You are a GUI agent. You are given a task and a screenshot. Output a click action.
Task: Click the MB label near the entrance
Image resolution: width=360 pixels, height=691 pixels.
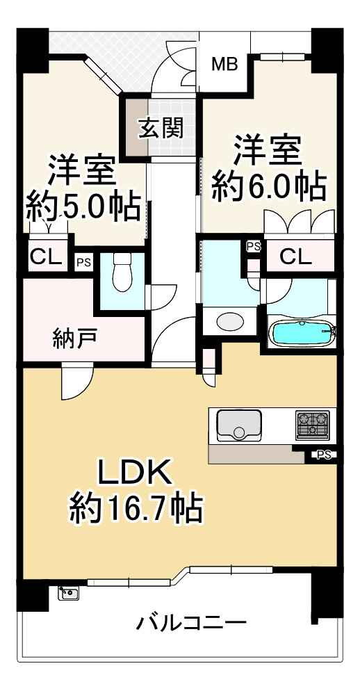coord(224,65)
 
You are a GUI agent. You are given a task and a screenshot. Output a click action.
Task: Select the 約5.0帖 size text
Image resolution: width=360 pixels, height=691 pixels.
coord(83,206)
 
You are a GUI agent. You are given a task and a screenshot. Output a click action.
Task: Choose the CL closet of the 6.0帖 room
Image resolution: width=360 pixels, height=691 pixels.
coord(296,257)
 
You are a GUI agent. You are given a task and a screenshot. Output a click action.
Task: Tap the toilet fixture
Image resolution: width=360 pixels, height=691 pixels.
coord(122,273)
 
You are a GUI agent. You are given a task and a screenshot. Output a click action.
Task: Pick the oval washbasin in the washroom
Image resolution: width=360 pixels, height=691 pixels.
coord(229,322)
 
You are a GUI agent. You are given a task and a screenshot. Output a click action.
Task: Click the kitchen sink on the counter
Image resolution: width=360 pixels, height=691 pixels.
coord(238,425)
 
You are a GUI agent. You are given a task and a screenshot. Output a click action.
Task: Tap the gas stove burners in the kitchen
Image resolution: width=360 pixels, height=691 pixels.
coord(312,424)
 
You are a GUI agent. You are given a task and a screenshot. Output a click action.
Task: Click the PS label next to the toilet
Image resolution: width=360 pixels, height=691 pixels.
coord(83,262)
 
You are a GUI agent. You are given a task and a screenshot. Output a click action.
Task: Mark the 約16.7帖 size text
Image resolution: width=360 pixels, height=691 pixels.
coord(136,509)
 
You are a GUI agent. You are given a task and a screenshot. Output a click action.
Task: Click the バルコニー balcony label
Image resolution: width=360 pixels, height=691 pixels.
coord(191,621)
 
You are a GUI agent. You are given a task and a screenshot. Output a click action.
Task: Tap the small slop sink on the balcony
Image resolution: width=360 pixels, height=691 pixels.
coord(69,592)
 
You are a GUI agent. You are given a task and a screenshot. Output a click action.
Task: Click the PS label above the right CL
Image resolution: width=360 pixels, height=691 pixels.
coord(253,246)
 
